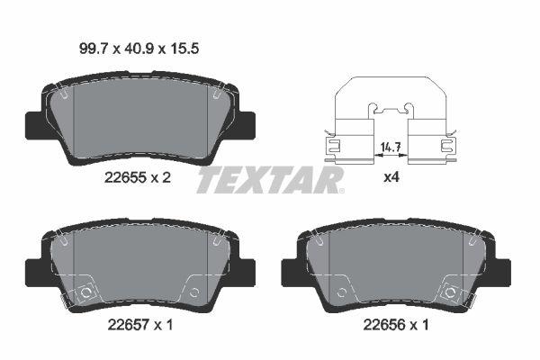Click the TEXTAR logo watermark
pyautogui.click(x=270, y=180)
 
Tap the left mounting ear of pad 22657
pyautogui.click(x=34, y=267)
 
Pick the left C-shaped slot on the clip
pyautogui.click(x=331, y=144)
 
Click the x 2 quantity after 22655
pyautogui.click(x=160, y=178)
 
